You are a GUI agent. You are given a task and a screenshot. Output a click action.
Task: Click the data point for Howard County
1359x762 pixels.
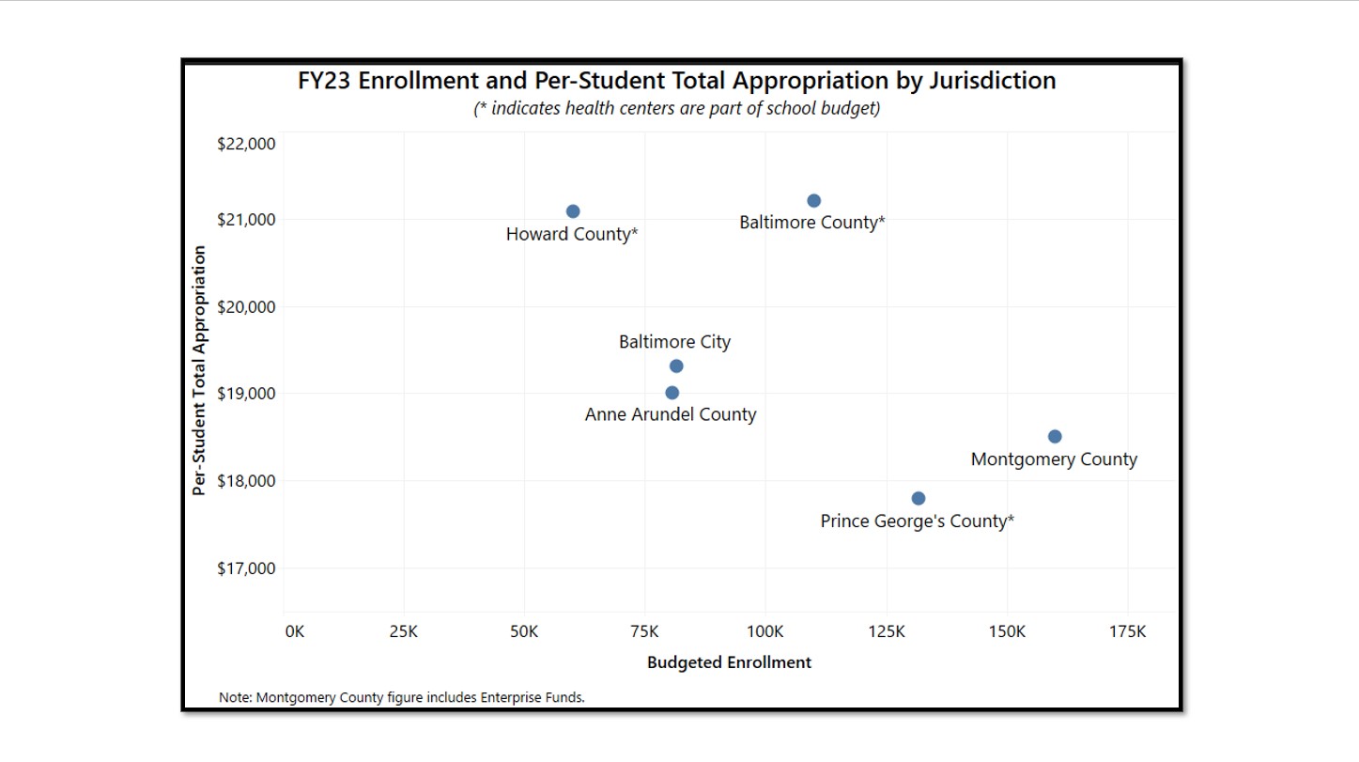[573, 211]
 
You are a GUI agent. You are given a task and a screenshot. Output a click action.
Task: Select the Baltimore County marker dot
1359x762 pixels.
[814, 201]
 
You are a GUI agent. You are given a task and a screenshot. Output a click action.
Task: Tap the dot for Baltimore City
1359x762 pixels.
[676, 366]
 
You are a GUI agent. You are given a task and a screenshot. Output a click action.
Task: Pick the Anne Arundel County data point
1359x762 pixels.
[672, 393]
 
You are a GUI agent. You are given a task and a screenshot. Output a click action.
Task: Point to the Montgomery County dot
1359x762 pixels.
[1055, 437]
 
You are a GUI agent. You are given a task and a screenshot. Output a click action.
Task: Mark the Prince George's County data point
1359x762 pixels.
[919, 498]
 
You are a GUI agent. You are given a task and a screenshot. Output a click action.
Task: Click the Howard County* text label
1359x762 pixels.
[572, 234]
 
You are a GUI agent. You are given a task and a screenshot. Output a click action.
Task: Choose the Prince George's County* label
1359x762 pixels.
[917, 521]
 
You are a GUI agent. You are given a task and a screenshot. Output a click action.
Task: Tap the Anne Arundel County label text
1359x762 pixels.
[671, 414]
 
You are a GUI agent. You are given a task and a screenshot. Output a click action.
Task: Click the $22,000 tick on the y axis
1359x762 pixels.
[246, 144]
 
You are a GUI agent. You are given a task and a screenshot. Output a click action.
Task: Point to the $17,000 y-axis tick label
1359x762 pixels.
[246, 568]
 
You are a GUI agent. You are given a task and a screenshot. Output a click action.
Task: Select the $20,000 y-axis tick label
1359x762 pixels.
[246, 307]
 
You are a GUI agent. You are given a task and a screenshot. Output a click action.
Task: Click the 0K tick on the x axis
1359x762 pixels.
[295, 632]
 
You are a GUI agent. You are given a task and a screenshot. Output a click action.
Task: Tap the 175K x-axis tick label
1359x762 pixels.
[1127, 632]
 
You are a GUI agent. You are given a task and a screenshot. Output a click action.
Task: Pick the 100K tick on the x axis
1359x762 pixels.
[765, 632]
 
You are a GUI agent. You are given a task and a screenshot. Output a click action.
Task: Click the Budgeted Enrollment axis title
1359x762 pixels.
[729, 662]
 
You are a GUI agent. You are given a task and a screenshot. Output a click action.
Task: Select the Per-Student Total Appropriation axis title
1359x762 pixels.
[199, 371]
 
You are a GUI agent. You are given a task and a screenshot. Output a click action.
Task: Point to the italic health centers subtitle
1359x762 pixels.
[676, 108]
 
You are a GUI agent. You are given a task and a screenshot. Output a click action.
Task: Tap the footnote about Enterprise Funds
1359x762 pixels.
[402, 697]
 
